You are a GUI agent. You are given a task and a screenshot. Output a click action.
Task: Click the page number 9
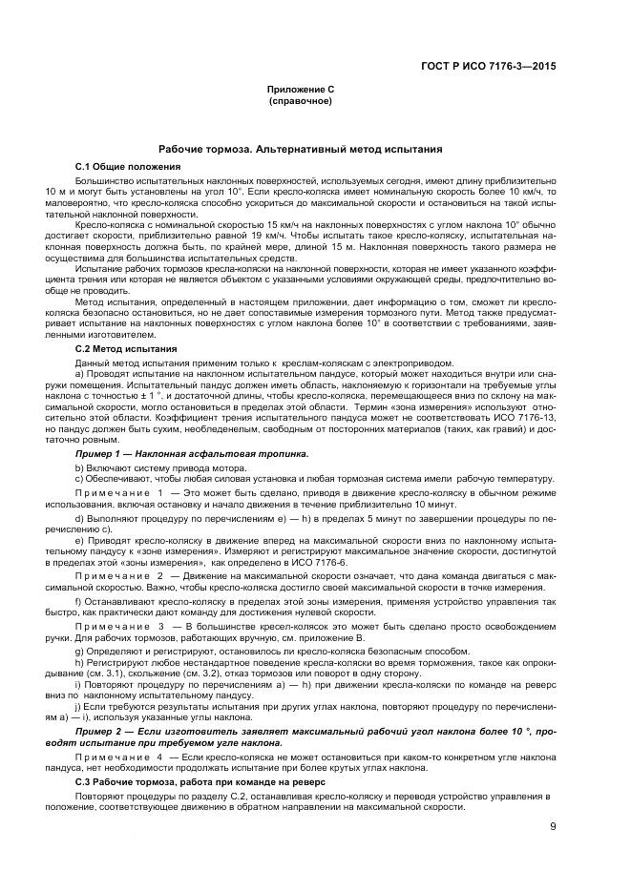[553, 827]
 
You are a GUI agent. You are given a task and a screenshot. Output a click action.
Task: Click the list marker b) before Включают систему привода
[78, 467]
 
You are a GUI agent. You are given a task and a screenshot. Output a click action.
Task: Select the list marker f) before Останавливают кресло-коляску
[78, 603]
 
